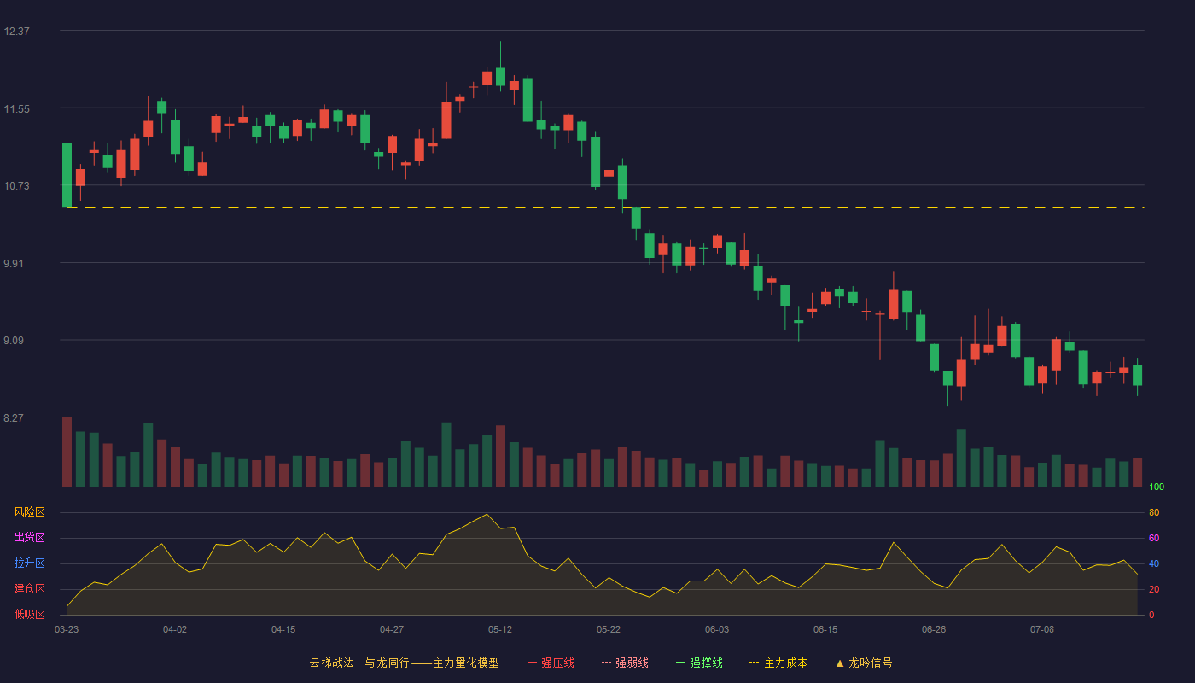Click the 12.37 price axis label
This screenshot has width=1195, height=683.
[16, 32]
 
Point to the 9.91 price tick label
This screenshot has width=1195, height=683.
[14, 264]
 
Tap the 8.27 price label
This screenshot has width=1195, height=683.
[14, 417]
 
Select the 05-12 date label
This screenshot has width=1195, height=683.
[500, 630]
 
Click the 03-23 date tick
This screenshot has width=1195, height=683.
[67, 630]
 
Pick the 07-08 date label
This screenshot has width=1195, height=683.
[1042, 630]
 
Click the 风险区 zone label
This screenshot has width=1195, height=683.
[29, 512]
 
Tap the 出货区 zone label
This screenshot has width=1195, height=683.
[29, 537]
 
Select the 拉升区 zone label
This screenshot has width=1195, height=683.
[29, 563]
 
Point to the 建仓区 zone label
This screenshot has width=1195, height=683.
[29, 588]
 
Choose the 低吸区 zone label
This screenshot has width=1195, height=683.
[29, 614]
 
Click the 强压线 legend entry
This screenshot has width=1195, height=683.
[551, 663]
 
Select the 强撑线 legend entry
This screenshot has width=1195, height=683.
[699, 663]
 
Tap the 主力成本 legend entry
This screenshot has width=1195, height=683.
[778, 663]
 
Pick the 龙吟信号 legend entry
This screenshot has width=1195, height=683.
[864, 663]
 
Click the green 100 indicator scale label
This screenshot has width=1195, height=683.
[1157, 487]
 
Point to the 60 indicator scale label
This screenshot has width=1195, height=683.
[1154, 538]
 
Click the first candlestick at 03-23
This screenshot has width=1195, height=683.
[67, 176]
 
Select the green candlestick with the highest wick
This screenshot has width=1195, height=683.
[500, 67]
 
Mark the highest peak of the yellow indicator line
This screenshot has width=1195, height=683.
[487, 514]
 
